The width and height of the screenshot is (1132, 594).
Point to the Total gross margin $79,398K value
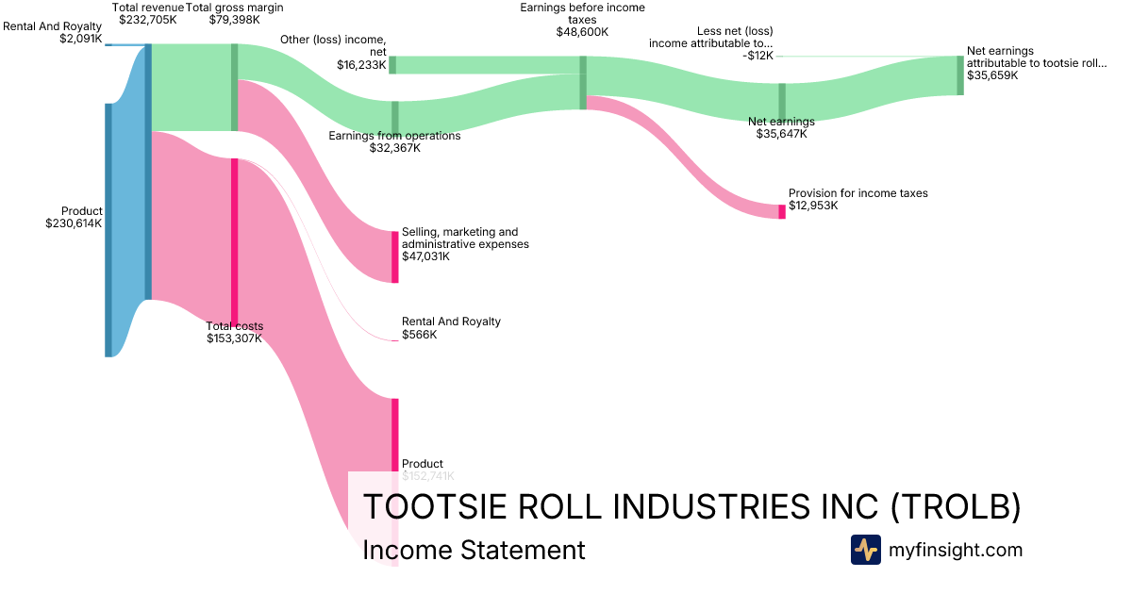click(234, 19)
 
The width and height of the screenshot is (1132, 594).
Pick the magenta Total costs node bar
click(235, 240)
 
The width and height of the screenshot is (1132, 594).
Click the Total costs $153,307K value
click(235, 338)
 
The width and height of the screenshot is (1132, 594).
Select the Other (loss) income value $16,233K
click(361, 65)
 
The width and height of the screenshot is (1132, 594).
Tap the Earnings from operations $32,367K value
click(394, 148)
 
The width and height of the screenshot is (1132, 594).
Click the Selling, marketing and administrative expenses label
click(465, 238)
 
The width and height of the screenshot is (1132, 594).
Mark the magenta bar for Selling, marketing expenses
click(395, 256)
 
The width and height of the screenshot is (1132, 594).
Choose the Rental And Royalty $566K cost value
click(419, 335)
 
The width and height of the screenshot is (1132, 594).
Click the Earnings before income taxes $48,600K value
click(582, 31)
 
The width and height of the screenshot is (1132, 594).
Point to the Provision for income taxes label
click(857, 193)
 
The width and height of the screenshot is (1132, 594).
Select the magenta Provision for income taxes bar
click(781, 211)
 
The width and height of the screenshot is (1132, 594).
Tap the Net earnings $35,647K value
click(781, 134)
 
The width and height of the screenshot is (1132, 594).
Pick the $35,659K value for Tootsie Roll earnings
click(992, 75)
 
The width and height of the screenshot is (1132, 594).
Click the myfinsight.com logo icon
click(865, 550)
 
